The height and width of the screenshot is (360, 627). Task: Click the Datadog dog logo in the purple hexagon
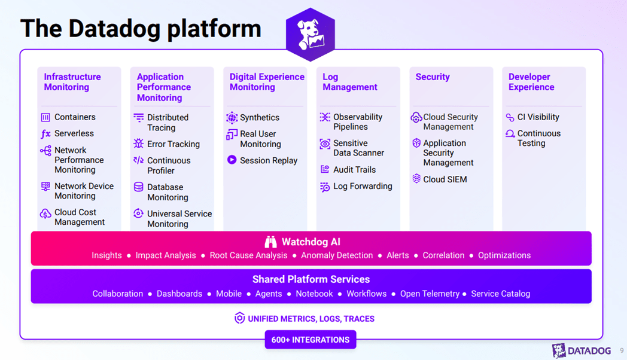pyautogui.click(x=311, y=35)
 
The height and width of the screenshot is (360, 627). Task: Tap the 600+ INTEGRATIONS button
pyautogui.click(x=311, y=340)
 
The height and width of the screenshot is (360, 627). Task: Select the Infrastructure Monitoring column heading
pyautogui.click(x=72, y=82)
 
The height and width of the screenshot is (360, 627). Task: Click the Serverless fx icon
pyautogui.click(x=45, y=134)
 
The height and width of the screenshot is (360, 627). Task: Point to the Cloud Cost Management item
pyautogui.click(x=79, y=217)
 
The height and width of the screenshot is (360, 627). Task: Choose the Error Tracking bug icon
pyautogui.click(x=138, y=144)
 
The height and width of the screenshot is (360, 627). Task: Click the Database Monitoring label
pyautogui.click(x=168, y=192)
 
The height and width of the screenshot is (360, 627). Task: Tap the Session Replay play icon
pyautogui.click(x=232, y=160)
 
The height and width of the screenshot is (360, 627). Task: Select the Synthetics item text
pyautogui.click(x=259, y=118)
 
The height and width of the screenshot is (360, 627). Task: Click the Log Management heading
pyautogui.click(x=349, y=82)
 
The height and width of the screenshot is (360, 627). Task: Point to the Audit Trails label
pyautogui.click(x=354, y=170)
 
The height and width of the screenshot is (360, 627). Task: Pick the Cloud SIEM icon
pyautogui.click(x=416, y=179)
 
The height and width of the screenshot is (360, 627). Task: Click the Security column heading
pyautogui.click(x=433, y=77)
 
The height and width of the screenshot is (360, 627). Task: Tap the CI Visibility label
pyautogui.click(x=538, y=117)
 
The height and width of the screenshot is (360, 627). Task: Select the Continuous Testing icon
pyautogui.click(x=510, y=134)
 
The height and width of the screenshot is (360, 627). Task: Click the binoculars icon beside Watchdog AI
pyautogui.click(x=270, y=242)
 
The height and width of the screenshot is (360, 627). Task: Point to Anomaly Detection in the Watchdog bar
pyautogui.click(x=337, y=255)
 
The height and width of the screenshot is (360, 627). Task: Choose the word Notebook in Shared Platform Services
pyautogui.click(x=314, y=294)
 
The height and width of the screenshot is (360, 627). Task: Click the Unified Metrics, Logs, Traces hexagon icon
pyautogui.click(x=239, y=318)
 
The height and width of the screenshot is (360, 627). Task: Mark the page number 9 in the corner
pyautogui.click(x=622, y=350)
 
